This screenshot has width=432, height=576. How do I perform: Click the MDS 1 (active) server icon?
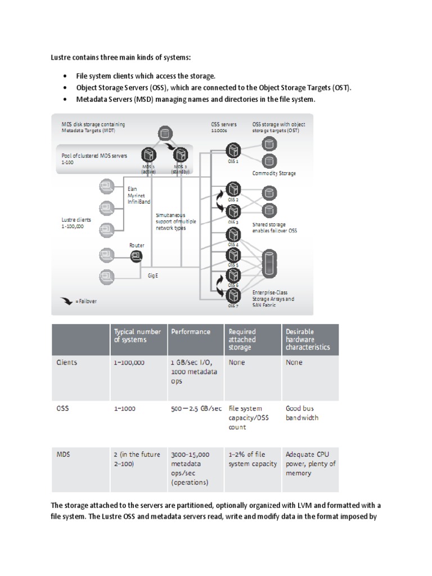pyautogui.click(x=149, y=154)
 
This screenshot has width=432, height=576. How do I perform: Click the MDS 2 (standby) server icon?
pyautogui.click(x=181, y=154)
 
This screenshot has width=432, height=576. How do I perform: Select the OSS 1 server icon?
pyautogui.click(x=233, y=150)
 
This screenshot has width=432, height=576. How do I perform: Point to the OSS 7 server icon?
pyautogui.click(x=233, y=294)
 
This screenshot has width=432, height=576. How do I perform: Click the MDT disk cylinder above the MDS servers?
pyautogui.click(x=165, y=134)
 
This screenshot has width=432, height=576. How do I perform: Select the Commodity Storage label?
pyautogui.click(x=273, y=173)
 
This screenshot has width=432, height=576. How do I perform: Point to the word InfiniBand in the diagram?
pyautogui.click(x=139, y=201)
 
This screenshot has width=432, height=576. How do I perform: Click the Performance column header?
pyautogui.click(x=191, y=332)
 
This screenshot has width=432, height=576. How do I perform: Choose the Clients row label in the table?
pyautogui.click(x=67, y=363)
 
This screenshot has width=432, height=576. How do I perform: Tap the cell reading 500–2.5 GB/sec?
pyautogui.click(x=195, y=409)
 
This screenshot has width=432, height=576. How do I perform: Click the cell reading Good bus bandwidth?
pyautogui.click(x=304, y=413)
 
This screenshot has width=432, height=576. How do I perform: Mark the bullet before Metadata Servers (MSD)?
pyautogui.click(x=66, y=100)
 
